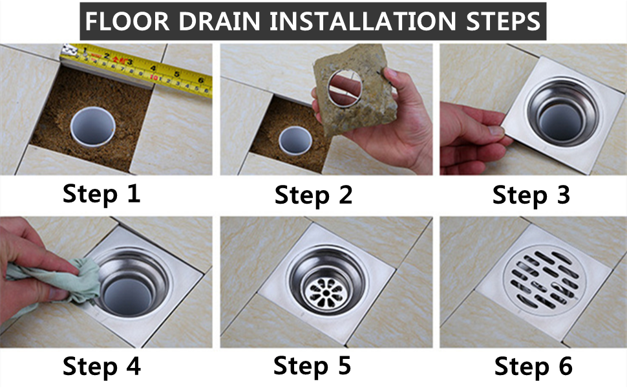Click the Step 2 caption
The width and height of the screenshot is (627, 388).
tap(313, 195)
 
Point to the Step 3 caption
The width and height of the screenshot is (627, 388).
tap(531, 195)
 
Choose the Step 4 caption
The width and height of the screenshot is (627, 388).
tap(101, 367)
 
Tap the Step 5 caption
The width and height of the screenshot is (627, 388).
tap(312, 366)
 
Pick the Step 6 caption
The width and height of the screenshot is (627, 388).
tap(533, 367)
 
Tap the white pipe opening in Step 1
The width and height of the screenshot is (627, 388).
tap(93, 126)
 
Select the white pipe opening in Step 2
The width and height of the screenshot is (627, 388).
tap(295, 140)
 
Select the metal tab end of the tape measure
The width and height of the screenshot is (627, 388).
tap(69, 52)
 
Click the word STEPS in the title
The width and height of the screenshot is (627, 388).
tap(504, 21)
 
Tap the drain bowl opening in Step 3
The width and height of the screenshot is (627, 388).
tap(564, 111)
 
